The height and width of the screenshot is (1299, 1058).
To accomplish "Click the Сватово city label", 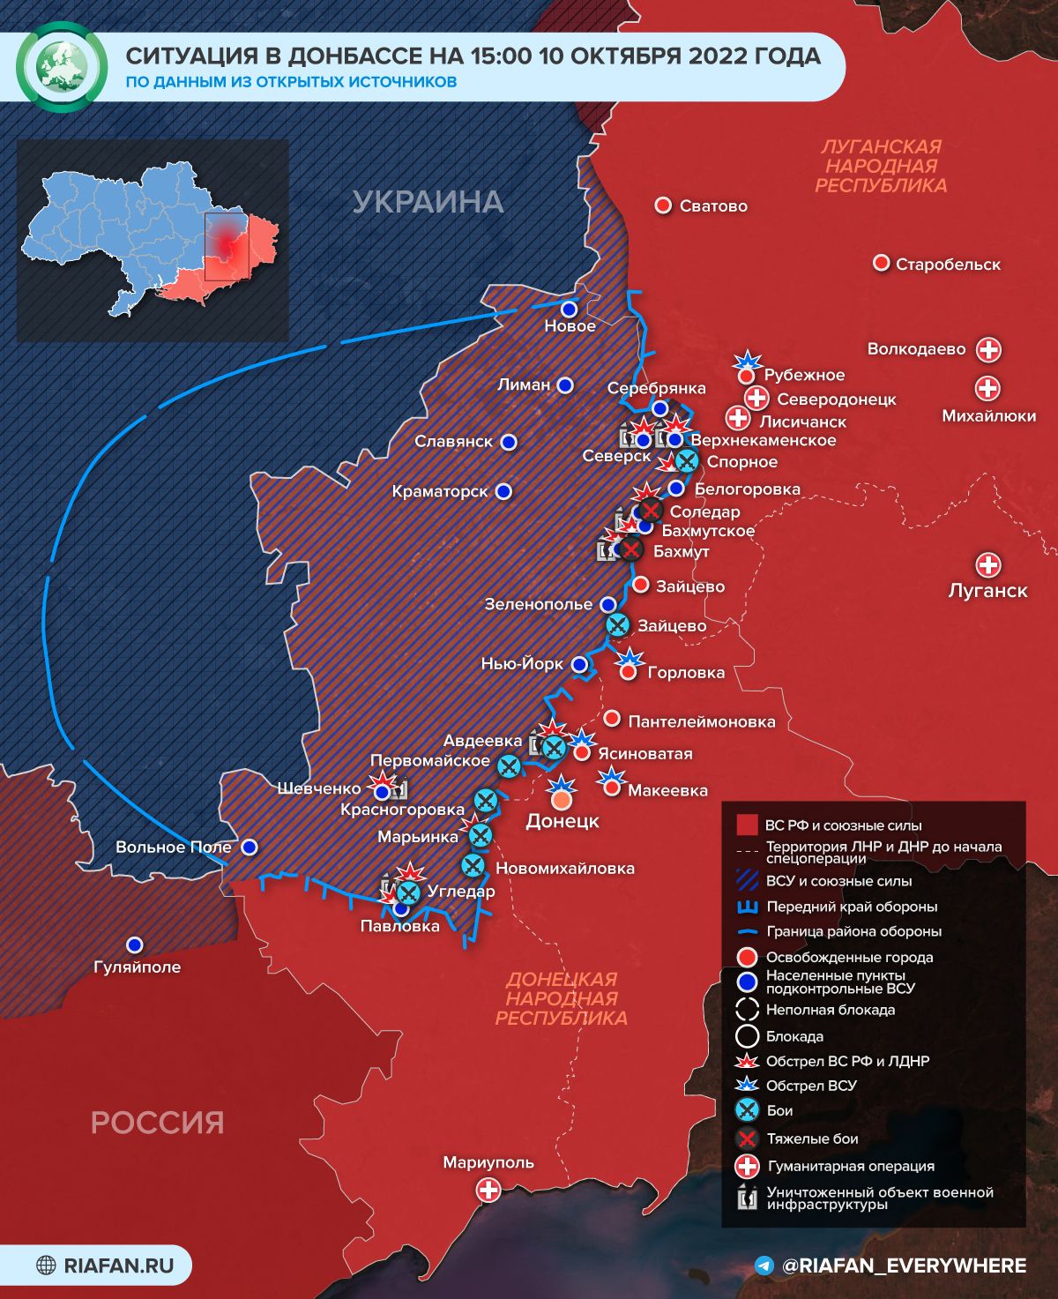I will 713,206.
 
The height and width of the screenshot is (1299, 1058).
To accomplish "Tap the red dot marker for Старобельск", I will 880,264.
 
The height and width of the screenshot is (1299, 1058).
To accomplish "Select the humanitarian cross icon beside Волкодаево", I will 989,349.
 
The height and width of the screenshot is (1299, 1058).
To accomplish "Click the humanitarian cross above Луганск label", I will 987,565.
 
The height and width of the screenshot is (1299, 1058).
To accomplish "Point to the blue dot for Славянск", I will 508,442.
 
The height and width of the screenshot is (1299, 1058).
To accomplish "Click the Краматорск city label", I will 440,491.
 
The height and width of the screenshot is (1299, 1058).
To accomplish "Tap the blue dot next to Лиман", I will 565,385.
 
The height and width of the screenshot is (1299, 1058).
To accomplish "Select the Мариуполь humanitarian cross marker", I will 488,1191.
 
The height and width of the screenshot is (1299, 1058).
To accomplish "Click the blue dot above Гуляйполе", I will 134,944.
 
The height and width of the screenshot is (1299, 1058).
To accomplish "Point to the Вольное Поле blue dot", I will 250,847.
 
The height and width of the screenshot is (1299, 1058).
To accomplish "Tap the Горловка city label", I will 686,673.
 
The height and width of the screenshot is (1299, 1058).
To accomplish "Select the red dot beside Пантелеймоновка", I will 612,720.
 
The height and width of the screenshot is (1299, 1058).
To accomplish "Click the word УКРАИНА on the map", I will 428,202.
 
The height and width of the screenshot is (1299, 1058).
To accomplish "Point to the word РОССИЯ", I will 158,1123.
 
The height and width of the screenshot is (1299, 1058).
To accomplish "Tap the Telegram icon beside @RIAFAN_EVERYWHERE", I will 764,1265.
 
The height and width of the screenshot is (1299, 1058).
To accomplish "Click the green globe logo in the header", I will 62,67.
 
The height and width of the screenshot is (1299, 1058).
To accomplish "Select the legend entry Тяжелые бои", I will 812,1138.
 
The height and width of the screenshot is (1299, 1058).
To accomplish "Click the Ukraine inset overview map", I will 153,240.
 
